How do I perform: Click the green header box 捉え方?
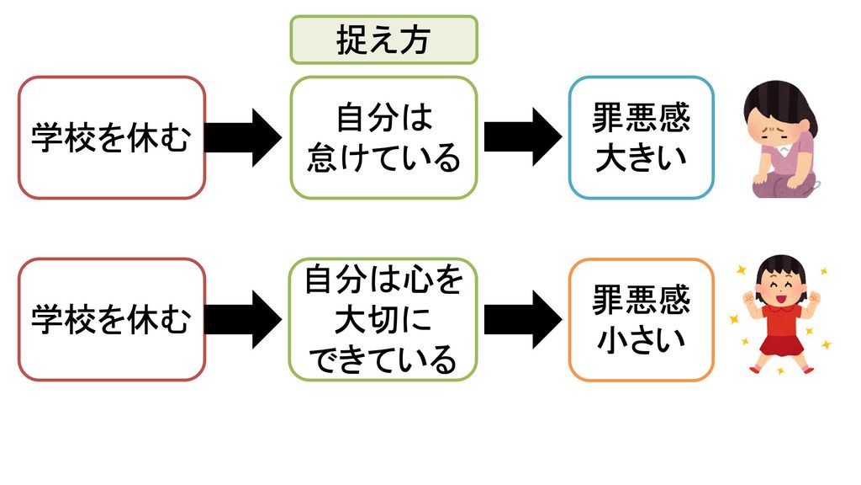(383, 40)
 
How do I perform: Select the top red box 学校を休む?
(112, 137)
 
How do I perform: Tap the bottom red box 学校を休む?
(112, 319)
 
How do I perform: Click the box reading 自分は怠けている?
(383, 137)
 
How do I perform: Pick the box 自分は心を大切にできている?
(383, 319)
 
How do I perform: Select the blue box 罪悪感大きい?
(642, 137)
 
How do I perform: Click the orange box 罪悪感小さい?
(642, 319)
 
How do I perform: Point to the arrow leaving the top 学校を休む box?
(243, 137)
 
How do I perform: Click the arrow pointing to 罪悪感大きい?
(523, 137)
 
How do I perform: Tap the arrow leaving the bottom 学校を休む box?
(243, 319)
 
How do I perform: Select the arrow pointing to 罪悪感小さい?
(523, 319)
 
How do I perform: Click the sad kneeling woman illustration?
(781, 139)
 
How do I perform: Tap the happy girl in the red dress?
(780, 315)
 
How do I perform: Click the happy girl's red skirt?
(781, 344)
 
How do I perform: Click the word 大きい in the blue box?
(642, 157)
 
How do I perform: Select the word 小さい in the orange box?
(642, 340)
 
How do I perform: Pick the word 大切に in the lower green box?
(383, 320)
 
